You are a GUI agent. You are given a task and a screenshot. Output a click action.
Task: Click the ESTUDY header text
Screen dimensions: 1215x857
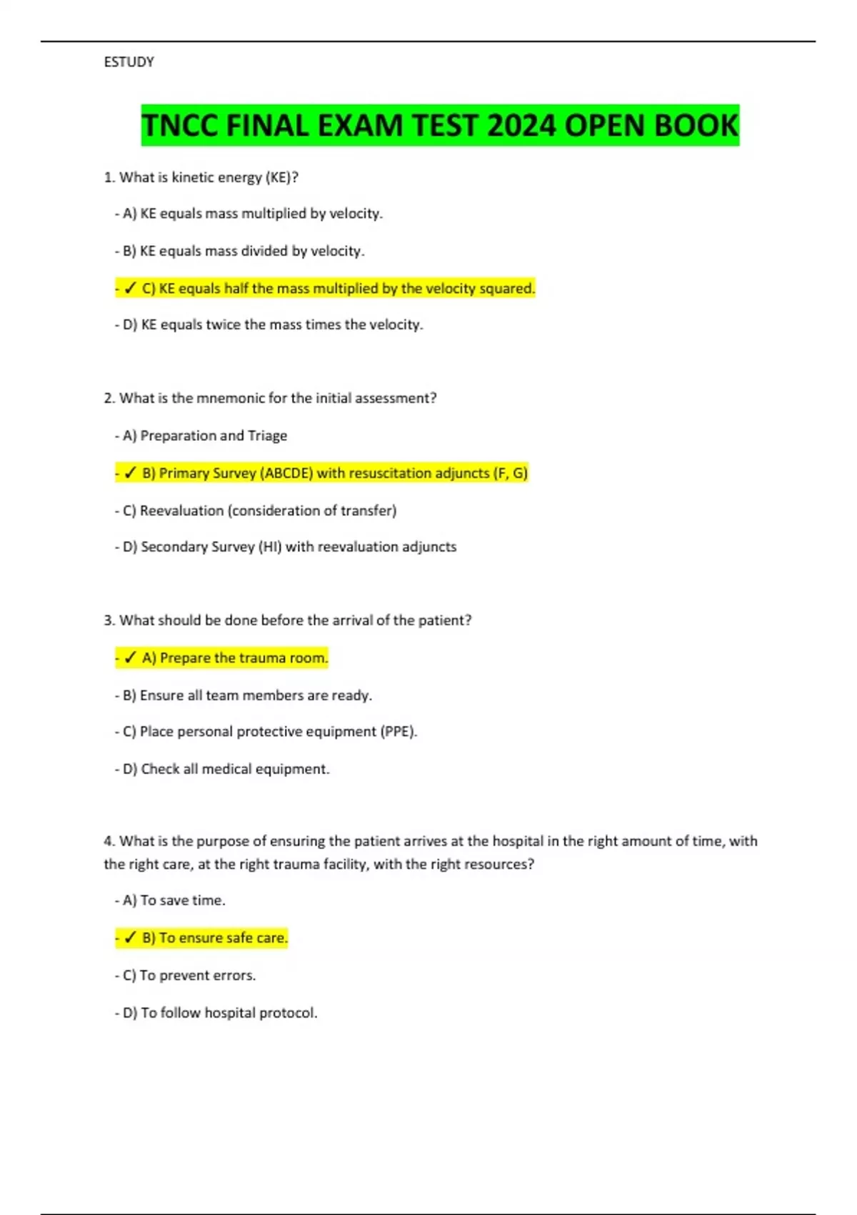click(x=129, y=62)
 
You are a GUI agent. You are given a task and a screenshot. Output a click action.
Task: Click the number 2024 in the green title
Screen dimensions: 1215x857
click(x=521, y=126)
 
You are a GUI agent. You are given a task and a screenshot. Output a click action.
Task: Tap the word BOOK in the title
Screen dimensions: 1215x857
click(x=696, y=126)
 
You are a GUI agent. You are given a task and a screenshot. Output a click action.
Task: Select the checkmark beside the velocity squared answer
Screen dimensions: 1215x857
click(x=130, y=288)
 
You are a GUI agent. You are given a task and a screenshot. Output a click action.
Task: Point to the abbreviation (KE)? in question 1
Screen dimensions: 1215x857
click(x=282, y=177)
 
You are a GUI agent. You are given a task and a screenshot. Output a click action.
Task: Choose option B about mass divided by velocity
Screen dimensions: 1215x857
click(x=244, y=251)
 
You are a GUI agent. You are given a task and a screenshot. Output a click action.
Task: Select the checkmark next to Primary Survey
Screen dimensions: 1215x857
click(x=130, y=473)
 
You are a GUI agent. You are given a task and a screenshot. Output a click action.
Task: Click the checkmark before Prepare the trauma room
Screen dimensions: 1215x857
click(x=130, y=658)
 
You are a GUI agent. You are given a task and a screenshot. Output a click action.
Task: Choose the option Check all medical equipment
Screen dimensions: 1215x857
click(x=227, y=769)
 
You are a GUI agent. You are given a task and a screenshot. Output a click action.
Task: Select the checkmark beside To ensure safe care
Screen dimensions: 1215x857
click(x=130, y=938)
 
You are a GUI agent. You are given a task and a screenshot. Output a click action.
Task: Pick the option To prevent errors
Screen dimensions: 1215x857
click(x=190, y=975)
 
